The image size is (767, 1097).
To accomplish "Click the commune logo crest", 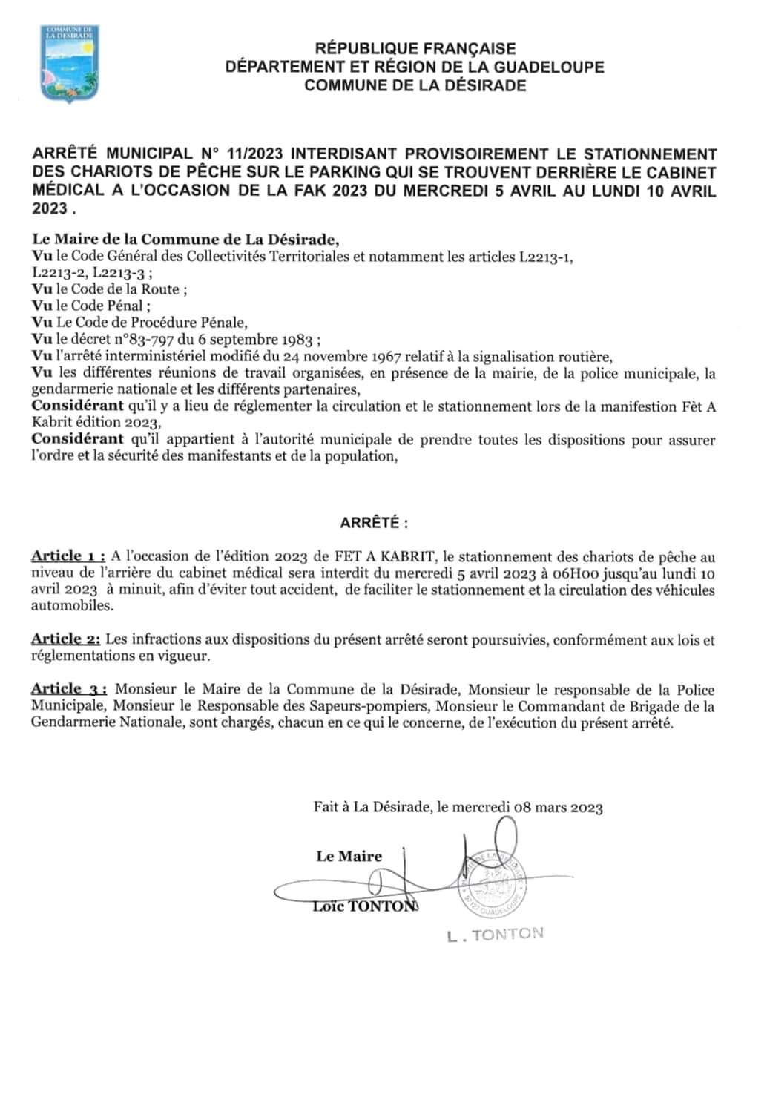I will point(68,64).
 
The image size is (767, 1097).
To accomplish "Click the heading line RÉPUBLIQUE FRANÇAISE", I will point(415,49).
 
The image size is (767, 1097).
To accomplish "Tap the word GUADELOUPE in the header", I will point(542,67).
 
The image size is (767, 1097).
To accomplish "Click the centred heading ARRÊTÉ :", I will point(374,523).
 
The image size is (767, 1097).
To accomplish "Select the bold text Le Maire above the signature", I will point(349,857).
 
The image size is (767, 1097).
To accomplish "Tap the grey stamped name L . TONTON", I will point(496,935).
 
